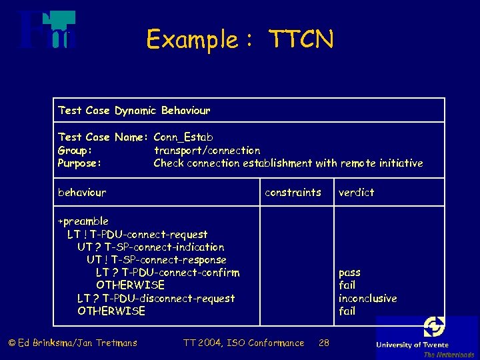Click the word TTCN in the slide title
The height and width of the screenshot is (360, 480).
(x=301, y=40)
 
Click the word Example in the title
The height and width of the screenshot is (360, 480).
(x=192, y=40)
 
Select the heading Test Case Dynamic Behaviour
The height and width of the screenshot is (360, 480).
(x=134, y=110)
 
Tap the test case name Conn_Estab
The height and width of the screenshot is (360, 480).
(x=183, y=137)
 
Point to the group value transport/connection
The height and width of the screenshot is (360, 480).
(x=207, y=151)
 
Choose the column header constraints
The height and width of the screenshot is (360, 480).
(x=293, y=193)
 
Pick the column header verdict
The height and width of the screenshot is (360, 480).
(x=357, y=193)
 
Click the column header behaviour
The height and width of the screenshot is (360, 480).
(x=82, y=193)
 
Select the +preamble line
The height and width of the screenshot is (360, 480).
(x=83, y=221)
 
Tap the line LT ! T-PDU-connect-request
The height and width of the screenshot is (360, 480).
(x=137, y=235)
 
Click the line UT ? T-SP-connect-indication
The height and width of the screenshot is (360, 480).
(x=151, y=247)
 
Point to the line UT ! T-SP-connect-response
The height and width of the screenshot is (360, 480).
(x=157, y=260)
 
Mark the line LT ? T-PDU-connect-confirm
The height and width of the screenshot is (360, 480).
(x=168, y=273)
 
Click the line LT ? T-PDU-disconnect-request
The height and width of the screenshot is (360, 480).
(x=156, y=299)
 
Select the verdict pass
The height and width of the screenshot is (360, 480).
(x=349, y=273)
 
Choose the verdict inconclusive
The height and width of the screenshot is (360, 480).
(x=367, y=299)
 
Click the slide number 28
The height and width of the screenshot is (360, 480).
(x=324, y=343)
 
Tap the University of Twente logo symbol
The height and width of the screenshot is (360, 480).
(x=435, y=327)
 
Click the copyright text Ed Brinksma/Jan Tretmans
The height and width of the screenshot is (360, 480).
(x=73, y=343)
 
